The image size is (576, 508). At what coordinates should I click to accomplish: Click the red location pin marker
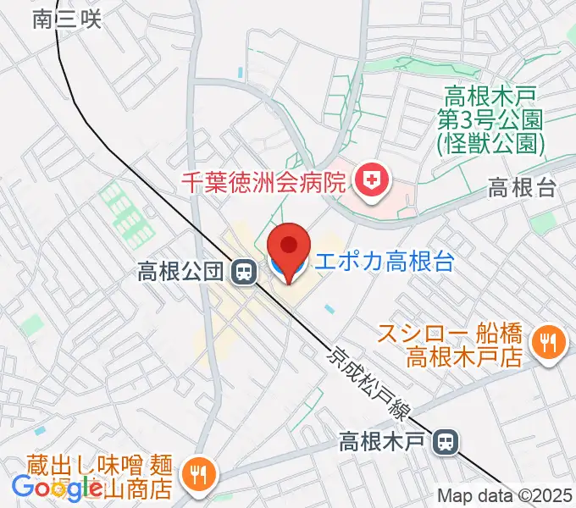click(290, 247)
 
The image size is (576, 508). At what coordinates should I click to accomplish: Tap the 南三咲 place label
click(67, 19)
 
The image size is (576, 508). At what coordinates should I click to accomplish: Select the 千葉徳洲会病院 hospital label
click(263, 180)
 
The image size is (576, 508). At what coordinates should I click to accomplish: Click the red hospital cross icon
click(369, 179)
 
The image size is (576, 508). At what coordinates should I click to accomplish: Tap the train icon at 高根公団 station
click(244, 272)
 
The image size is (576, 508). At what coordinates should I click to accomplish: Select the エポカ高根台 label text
click(383, 262)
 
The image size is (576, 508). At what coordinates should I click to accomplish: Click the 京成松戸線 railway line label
click(369, 383)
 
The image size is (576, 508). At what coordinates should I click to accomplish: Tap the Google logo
click(57, 487)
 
